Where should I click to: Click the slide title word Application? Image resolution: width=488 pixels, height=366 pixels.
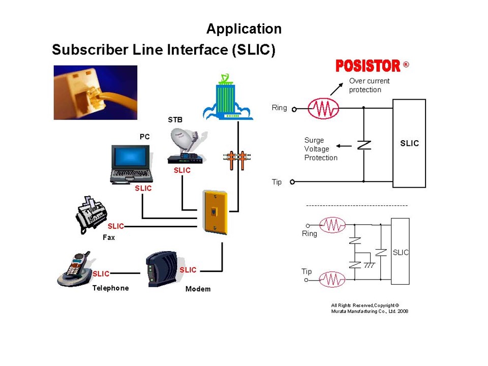(x=243, y=29)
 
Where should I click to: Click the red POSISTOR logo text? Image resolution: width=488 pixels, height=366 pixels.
(x=368, y=66)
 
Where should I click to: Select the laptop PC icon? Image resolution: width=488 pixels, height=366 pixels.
(x=132, y=164)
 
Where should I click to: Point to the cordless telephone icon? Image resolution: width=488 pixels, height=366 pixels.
(x=74, y=269)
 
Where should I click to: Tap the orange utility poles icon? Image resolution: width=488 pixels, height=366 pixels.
(x=237, y=160)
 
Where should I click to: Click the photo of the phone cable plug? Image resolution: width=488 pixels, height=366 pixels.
(x=96, y=93)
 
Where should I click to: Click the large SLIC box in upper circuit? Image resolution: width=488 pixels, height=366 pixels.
(x=409, y=143)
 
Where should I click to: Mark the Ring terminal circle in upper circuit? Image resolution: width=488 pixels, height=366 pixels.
(x=294, y=108)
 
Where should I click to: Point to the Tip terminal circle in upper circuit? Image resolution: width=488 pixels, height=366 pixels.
(x=292, y=181)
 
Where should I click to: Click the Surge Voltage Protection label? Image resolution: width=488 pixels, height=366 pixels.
(x=321, y=149)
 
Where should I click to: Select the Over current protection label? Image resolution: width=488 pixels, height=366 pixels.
(x=369, y=85)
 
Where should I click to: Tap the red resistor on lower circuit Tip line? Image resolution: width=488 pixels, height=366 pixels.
(x=332, y=280)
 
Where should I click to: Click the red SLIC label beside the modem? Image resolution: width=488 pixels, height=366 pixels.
(x=188, y=270)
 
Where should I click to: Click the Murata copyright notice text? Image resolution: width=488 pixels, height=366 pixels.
(x=370, y=308)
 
